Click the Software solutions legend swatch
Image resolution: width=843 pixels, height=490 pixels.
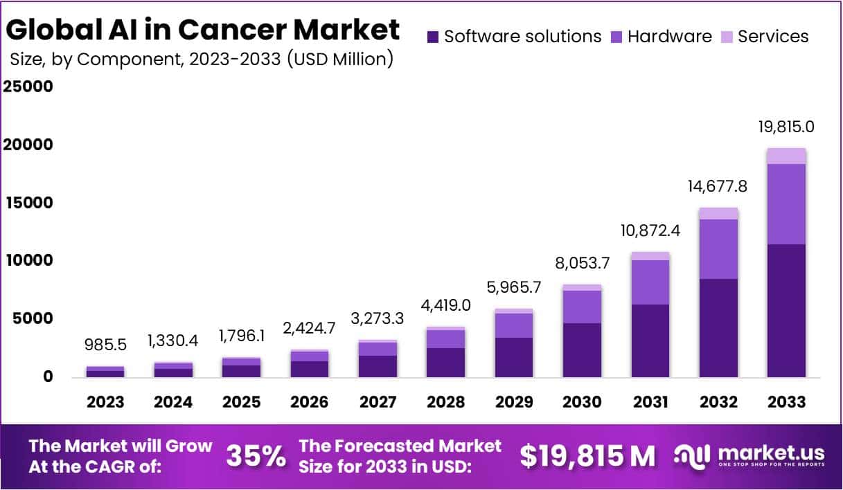(x=434, y=37)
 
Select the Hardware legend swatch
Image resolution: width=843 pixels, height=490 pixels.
(x=616, y=37)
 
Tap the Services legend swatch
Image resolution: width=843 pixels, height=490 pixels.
(x=727, y=37)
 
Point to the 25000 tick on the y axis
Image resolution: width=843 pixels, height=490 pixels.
(x=28, y=87)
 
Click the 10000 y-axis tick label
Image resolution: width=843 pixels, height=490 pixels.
(x=28, y=261)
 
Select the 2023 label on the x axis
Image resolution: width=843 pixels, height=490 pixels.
(x=105, y=402)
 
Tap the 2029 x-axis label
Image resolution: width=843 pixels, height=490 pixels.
(x=514, y=402)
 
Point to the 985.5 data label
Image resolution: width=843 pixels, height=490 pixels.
(x=105, y=344)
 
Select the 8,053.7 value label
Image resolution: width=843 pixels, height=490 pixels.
(x=582, y=263)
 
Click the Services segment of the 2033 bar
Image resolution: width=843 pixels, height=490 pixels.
(x=787, y=156)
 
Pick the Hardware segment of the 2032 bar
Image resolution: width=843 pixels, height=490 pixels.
(x=718, y=249)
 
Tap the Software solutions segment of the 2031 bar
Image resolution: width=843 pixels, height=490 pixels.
(x=650, y=341)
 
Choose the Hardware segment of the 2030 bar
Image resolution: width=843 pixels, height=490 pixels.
(x=582, y=307)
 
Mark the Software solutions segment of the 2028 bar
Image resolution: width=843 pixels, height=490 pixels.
(x=446, y=362)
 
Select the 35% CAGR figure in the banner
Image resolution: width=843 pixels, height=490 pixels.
(x=256, y=456)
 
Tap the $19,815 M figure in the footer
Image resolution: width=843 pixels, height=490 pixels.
(x=587, y=456)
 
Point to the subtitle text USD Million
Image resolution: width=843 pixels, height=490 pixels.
(x=339, y=60)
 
